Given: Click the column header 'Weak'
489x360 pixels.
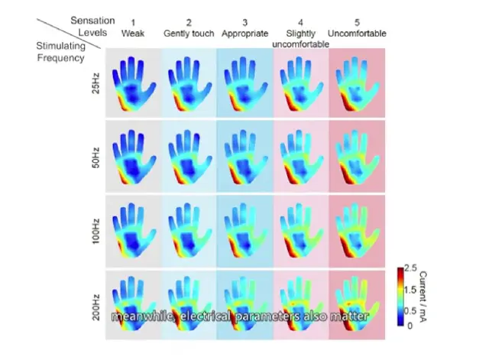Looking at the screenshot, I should click(x=133, y=34).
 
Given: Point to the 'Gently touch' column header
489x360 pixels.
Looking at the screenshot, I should click(x=189, y=34).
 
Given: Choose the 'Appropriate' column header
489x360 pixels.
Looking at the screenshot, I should click(x=244, y=34).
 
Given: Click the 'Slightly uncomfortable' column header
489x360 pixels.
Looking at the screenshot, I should click(x=300, y=39).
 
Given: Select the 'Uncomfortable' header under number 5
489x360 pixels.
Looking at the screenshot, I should click(x=358, y=34).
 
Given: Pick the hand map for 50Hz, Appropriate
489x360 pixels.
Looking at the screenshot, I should click(x=244, y=157).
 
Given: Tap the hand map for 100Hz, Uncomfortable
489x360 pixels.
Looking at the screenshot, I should click(x=358, y=229).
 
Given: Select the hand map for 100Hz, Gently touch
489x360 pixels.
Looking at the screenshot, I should click(x=189, y=229).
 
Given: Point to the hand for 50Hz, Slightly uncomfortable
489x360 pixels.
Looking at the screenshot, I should click(x=300, y=157).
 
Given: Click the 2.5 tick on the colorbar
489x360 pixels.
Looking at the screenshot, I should click(x=410, y=268).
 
